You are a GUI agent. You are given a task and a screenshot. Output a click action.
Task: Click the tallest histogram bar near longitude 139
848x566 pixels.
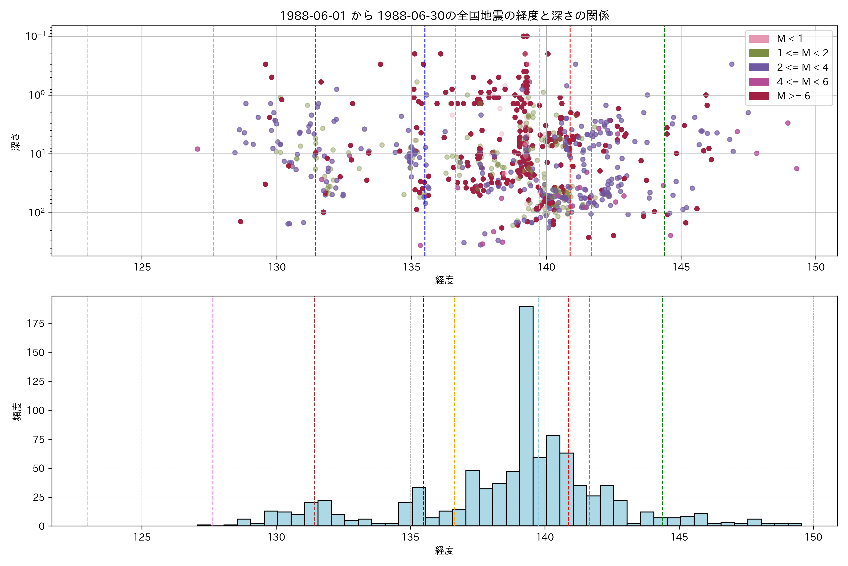pyautogui.click(x=526, y=415)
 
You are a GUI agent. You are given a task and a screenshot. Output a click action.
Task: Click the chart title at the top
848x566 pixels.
pyautogui.click(x=444, y=16)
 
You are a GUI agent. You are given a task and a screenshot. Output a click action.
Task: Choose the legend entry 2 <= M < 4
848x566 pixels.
pyautogui.click(x=802, y=67)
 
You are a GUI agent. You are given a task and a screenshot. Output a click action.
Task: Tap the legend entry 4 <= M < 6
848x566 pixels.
pyautogui.click(x=802, y=82)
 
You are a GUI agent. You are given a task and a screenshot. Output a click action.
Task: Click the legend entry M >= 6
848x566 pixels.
pyautogui.click(x=793, y=96)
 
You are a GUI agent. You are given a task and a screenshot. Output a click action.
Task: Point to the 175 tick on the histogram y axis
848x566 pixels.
pyautogui.click(x=36, y=323)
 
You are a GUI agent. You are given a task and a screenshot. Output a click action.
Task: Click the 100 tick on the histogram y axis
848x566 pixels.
pyautogui.click(x=36, y=410)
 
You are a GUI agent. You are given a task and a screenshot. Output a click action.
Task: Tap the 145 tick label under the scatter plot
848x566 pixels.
pyautogui.click(x=681, y=267)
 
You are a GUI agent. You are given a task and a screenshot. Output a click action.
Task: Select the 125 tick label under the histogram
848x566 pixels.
pyautogui.click(x=142, y=537)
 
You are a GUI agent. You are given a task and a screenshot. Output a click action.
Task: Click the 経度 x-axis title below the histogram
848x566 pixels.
pyautogui.click(x=444, y=550)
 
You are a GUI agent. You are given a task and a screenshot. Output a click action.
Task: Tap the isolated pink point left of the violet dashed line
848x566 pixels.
pyautogui.click(x=197, y=149)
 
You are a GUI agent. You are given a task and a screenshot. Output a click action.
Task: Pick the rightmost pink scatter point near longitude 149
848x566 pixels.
pyautogui.click(x=796, y=169)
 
